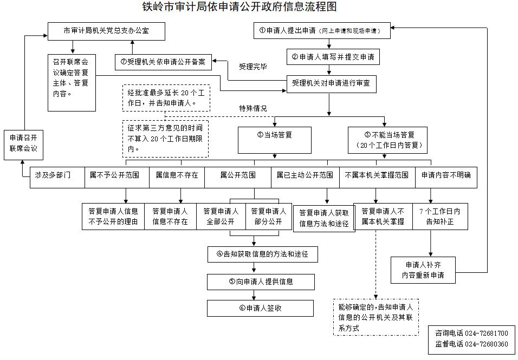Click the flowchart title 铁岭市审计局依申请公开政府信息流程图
tap(239, 7)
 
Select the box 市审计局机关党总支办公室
tap(106, 31)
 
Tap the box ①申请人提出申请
tap(322, 31)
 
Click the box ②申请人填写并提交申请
tap(333, 57)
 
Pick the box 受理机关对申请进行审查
tap(332, 84)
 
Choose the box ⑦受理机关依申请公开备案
tap(163, 62)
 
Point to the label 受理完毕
tap(253, 67)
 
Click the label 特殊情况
tap(253, 108)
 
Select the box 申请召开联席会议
tap(23, 145)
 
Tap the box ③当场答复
tap(275, 140)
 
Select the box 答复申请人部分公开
tap(269, 217)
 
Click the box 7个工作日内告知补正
tap(440, 217)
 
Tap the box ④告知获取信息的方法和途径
tap(263, 254)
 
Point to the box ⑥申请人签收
tap(260, 308)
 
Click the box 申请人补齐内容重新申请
tap(423, 270)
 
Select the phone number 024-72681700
tap(487, 333)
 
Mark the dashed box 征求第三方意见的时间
tap(165, 139)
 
